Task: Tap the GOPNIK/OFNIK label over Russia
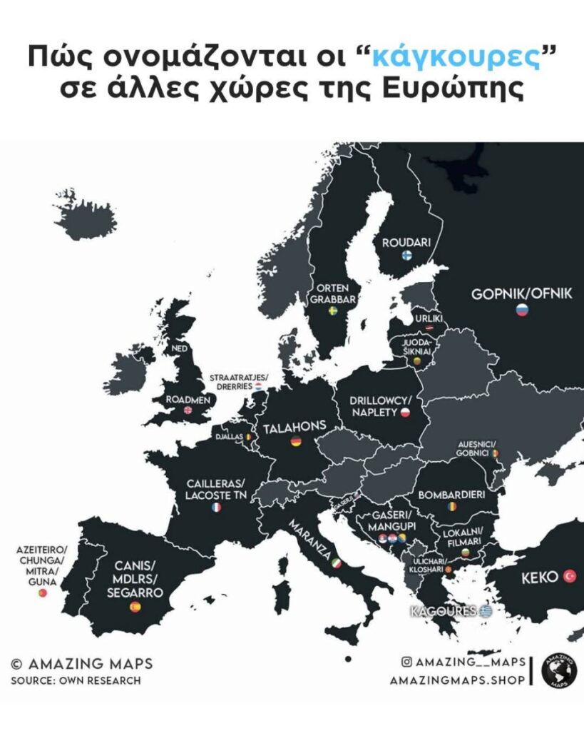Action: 522,293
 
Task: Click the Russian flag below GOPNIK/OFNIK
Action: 522,311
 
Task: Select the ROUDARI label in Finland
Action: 406,243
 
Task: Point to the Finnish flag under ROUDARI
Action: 406,256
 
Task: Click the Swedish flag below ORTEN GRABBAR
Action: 332,311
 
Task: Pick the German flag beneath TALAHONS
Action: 295,443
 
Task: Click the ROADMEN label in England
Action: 188,400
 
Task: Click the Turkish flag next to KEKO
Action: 569,576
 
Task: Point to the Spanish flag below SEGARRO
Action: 135,607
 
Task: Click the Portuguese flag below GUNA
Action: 42,593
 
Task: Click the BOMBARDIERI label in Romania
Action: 451,494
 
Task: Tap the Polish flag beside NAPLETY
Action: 404,413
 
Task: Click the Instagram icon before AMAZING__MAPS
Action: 406,662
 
